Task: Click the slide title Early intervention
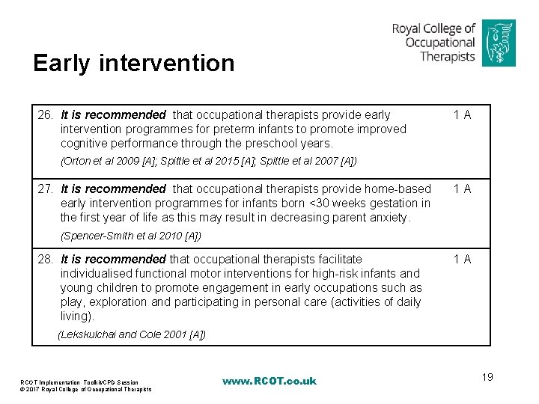coord(133,63)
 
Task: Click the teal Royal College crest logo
coord(498,43)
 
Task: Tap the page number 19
coord(487,377)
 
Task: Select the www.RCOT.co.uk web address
coord(269,382)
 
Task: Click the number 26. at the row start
coord(46,115)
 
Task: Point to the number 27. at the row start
coord(46,189)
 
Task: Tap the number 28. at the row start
coord(46,260)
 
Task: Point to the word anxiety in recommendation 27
coord(389,218)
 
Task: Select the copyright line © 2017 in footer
coord(85,389)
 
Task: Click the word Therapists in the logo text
coord(448,56)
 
